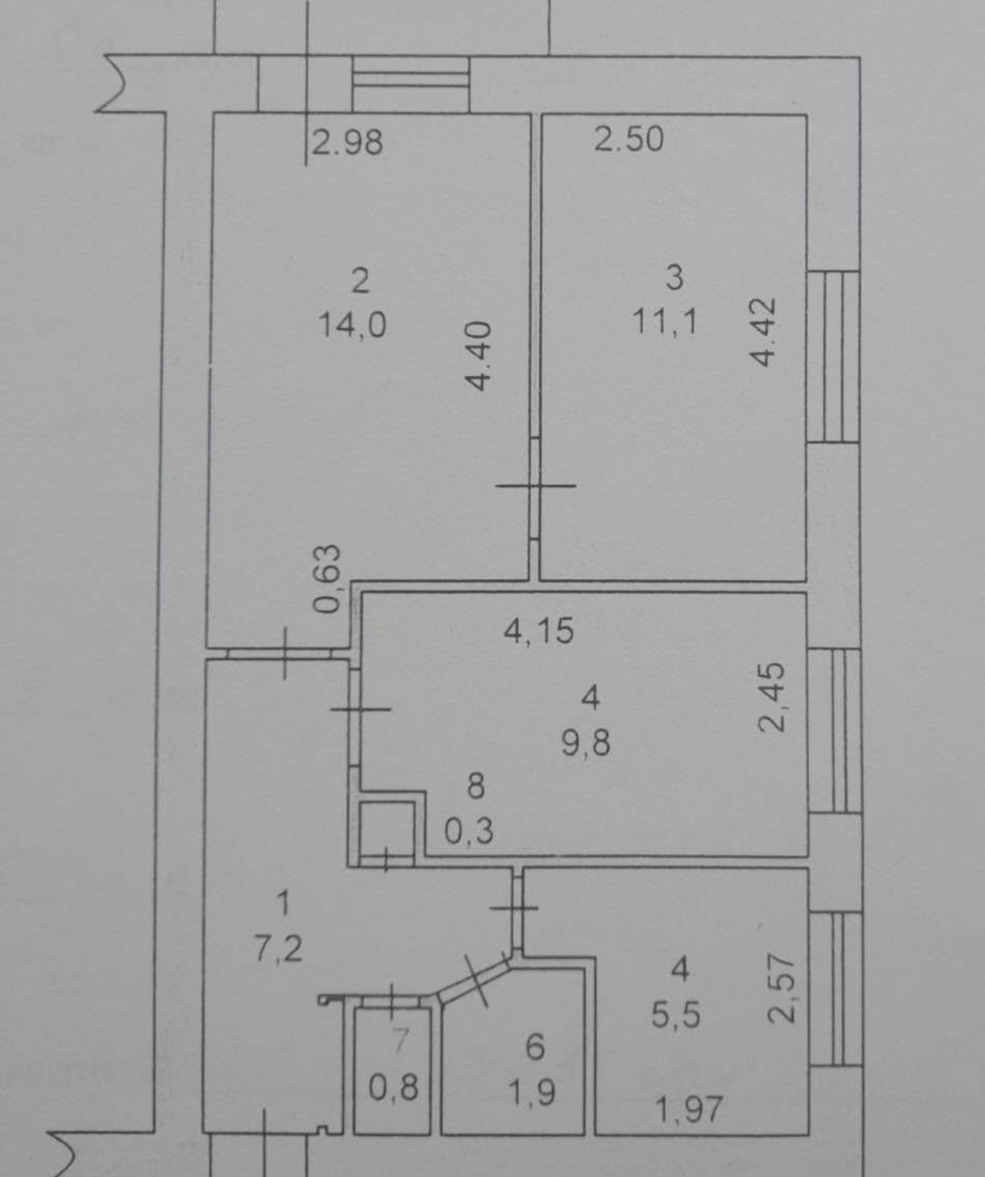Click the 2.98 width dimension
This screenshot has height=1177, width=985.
click(348, 141)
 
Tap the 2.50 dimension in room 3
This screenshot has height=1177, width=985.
click(629, 139)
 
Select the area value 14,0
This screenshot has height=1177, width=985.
click(352, 324)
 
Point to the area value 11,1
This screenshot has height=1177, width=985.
click(665, 321)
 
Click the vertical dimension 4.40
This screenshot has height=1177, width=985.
click(478, 356)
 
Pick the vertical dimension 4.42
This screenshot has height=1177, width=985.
click(763, 332)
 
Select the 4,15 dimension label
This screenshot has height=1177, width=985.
click(539, 631)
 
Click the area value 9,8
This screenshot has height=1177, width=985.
click(586, 743)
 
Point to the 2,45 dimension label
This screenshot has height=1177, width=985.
click(772, 697)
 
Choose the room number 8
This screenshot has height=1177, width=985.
click(476, 786)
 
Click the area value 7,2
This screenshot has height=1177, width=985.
click(278, 949)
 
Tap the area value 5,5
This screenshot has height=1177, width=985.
click(675, 1015)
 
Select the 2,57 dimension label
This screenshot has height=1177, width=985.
click(781, 989)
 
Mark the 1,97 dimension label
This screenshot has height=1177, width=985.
click(689, 1109)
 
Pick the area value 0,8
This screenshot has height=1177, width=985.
click(394, 1087)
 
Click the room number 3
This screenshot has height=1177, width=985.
click(674, 278)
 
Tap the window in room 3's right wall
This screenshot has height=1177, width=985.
click(833, 357)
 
